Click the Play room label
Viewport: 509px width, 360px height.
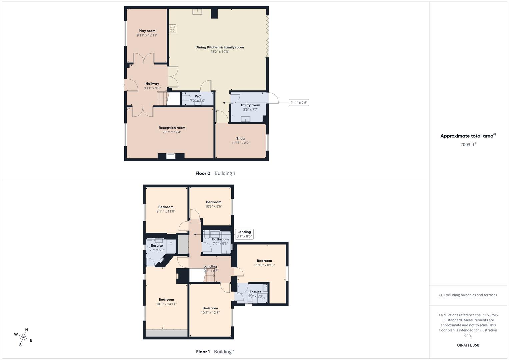[147, 31]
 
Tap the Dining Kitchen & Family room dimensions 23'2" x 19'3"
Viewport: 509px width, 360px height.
[220, 52]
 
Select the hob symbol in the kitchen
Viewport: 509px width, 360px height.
[172, 29]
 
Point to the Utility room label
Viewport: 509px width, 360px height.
[250, 105]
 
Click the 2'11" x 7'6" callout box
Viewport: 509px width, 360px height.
[299, 103]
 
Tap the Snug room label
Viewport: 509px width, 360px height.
[240, 138]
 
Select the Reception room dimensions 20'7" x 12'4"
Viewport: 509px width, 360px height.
[172, 132]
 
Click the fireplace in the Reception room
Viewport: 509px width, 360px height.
[171, 156]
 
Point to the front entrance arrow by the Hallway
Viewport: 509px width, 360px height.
[124, 85]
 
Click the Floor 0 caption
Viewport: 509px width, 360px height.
[203, 173]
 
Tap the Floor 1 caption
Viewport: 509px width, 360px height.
[203, 352]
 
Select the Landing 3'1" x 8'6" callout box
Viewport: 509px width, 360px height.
[244, 234]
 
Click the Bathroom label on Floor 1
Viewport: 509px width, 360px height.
[220, 239]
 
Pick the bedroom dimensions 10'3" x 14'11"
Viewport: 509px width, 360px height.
[166, 304]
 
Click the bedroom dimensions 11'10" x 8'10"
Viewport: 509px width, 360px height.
[264, 265]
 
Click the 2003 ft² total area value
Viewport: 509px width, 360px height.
[468, 144]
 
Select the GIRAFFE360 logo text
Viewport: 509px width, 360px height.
[468, 345]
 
